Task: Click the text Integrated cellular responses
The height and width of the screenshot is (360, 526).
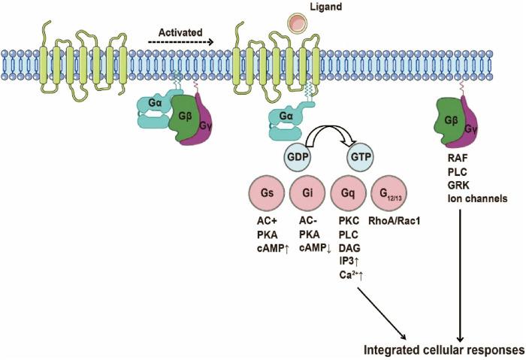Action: click(444, 349)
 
